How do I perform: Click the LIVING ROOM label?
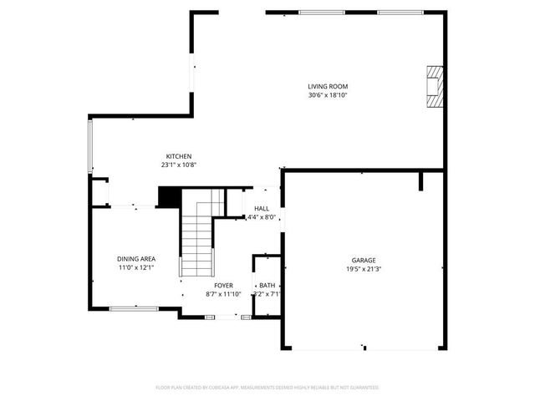[x=328, y=86]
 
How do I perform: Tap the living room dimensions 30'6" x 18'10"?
[x=328, y=95]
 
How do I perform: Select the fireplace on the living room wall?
[x=434, y=85]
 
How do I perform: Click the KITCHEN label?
[x=179, y=156]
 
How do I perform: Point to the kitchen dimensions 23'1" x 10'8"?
[x=179, y=165]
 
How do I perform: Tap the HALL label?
[x=262, y=209]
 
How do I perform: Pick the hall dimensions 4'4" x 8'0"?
[x=262, y=217]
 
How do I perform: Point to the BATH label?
[x=267, y=285]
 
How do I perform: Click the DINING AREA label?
[x=135, y=259]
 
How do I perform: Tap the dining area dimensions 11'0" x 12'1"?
[x=135, y=268]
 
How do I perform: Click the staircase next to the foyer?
[x=198, y=242]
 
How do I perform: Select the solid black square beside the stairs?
[x=170, y=196]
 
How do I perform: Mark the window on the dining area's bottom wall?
[x=134, y=308]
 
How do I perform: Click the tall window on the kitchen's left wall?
[x=90, y=147]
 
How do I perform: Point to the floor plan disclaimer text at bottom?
[x=267, y=388]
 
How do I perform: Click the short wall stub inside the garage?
[x=423, y=181]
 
